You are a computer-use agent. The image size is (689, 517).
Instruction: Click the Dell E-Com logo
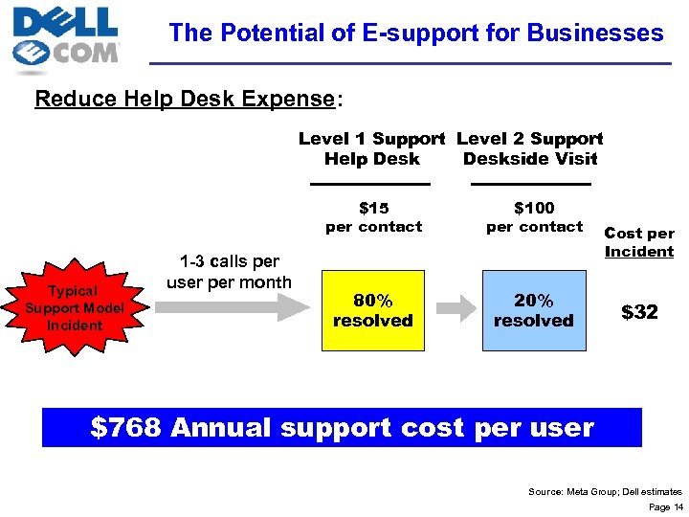66,39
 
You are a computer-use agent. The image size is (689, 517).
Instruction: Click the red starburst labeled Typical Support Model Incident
75,307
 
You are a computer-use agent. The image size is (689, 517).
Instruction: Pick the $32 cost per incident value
639,312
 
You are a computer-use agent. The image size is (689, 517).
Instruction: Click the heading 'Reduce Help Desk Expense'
187,99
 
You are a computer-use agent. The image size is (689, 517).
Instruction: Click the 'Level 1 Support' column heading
371,140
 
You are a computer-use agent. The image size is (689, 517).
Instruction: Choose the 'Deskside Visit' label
530,159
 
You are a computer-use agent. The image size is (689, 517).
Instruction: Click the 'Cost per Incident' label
639,242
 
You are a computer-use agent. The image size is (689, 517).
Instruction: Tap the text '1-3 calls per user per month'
230,271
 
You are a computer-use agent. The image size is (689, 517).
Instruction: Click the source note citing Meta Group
605,491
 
